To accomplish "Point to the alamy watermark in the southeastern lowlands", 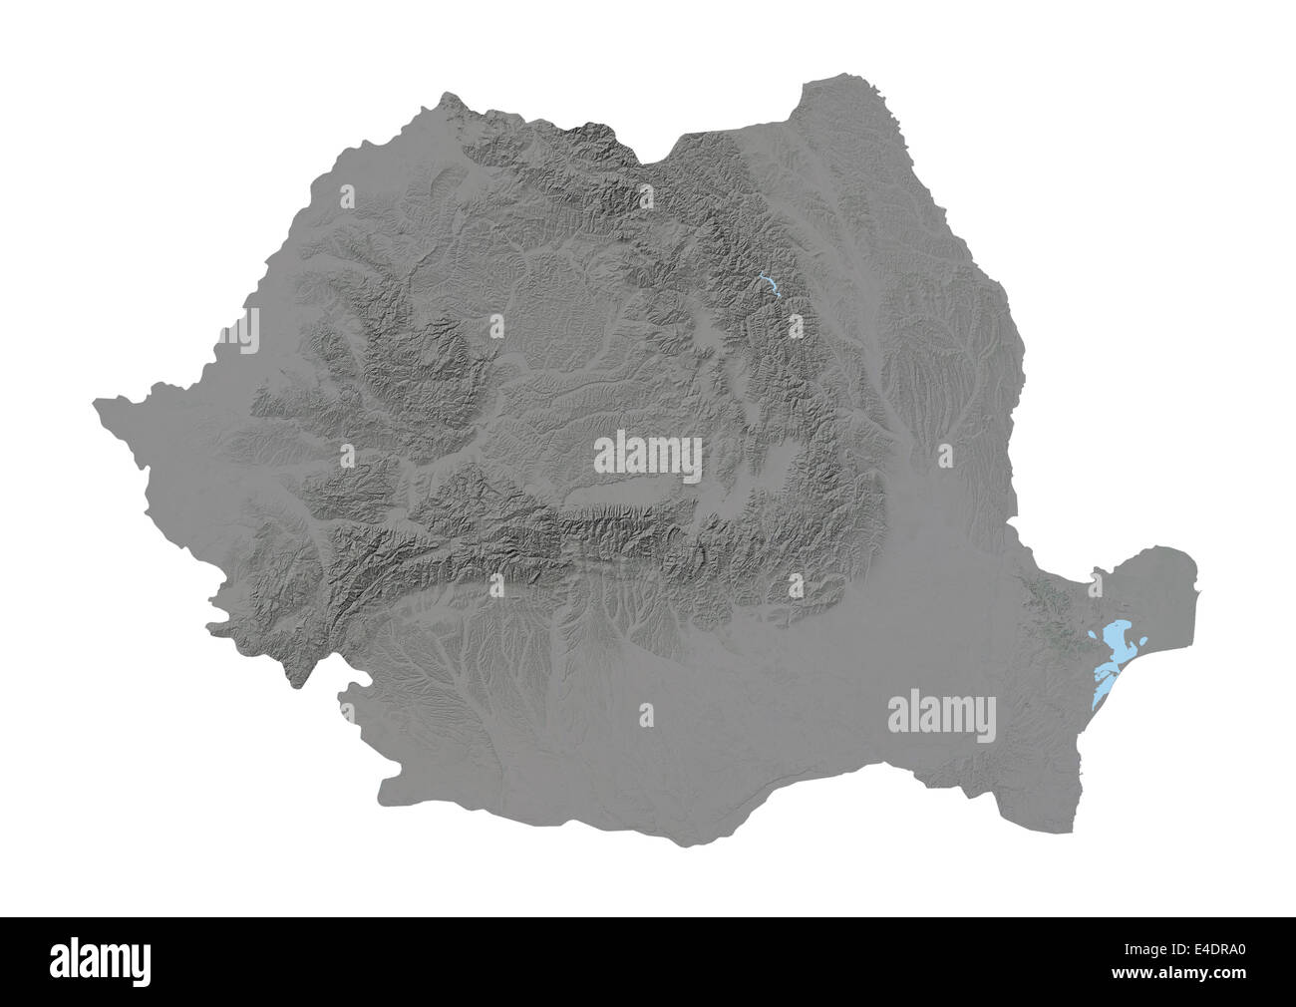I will [941, 715].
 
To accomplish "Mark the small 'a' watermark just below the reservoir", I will [795, 325].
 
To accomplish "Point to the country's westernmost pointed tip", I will [94, 403].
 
